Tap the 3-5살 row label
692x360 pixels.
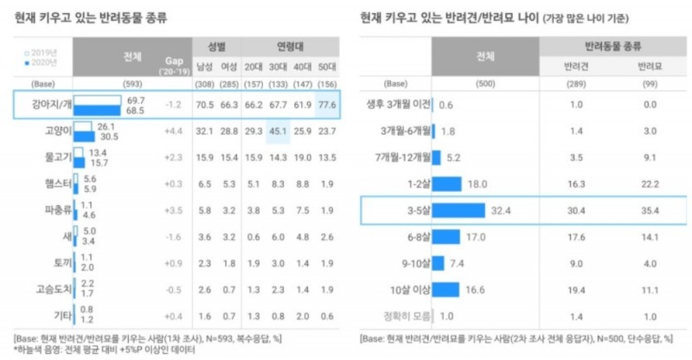tap(407, 209)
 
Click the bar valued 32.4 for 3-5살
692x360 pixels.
tap(458, 209)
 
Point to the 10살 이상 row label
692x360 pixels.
tap(400, 290)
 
